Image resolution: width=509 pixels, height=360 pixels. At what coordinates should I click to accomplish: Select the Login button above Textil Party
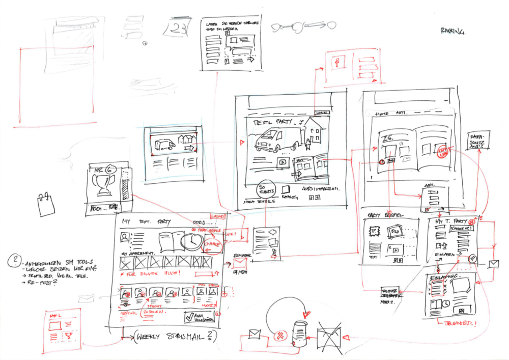coord(322,113)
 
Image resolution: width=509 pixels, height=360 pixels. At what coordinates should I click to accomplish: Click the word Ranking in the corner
coord(453,32)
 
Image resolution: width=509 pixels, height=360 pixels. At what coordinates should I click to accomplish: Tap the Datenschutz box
coord(478,140)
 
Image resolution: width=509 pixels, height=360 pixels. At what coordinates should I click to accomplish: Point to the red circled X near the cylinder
coord(280,335)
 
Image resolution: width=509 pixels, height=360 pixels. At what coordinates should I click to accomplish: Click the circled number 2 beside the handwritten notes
coord(15,261)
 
